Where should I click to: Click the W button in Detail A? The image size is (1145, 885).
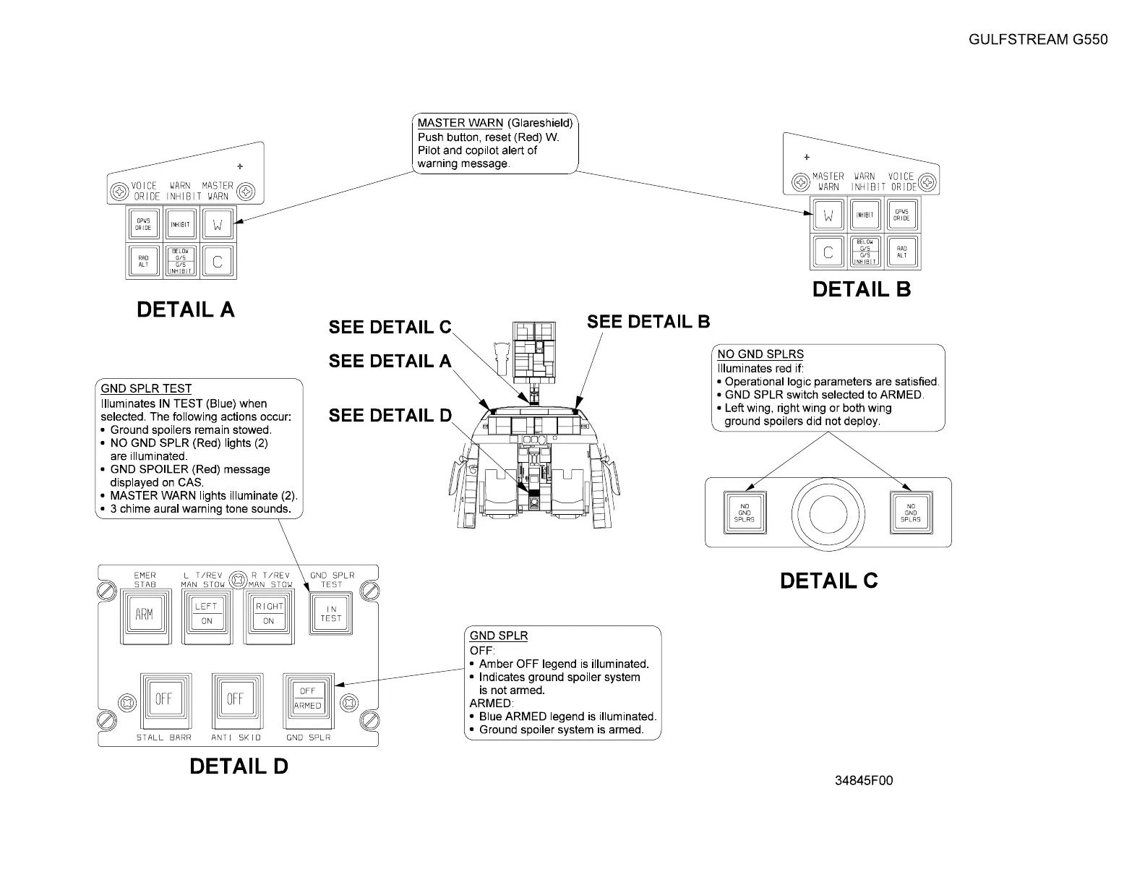(217, 223)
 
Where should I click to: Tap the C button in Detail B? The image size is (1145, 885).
(828, 252)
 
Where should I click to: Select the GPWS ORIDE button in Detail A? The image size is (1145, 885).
(143, 223)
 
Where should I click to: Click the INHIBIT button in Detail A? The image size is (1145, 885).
(180, 223)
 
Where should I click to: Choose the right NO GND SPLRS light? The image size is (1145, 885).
(910, 513)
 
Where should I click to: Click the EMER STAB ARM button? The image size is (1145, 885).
(144, 615)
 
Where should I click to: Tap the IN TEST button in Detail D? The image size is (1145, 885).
(330, 614)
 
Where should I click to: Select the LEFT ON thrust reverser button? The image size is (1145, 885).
(207, 614)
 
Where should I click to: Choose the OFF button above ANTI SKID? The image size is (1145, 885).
(235, 699)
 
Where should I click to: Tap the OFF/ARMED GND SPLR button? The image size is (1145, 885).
(307, 698)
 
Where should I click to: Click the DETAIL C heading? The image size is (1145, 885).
(828, 581)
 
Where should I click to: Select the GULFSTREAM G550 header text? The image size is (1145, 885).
(1037, 40)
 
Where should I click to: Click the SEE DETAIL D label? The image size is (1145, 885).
(390, 416)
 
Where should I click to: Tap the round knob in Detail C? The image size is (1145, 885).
(828, 513)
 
